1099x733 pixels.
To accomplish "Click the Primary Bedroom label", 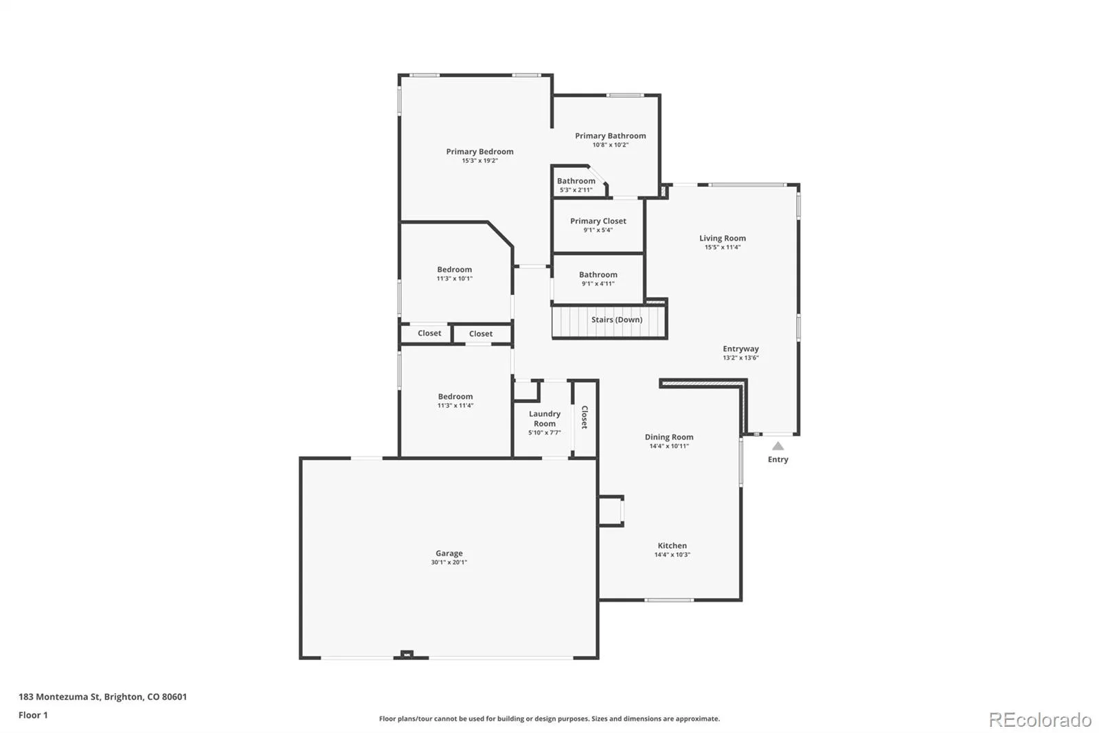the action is click(479, 151).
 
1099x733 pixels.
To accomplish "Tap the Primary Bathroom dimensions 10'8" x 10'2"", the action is click(611, 145).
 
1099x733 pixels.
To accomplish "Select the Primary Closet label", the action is click(598, 221).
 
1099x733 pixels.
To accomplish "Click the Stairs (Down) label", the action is click(617, 319).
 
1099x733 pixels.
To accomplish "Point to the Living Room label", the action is click(722, 239).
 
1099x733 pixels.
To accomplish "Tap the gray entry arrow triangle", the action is click(778, 446).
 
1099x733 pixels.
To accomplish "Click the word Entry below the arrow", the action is click(778, 459).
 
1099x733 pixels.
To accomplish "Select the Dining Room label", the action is click(669, 437).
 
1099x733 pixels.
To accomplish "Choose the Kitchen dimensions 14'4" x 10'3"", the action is click(672, 555).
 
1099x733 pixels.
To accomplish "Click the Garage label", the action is click(449, 554).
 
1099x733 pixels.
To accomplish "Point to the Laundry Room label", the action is click(545, 419).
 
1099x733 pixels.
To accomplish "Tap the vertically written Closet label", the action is click(585, 417).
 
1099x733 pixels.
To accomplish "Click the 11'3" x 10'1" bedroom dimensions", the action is click(454, 278).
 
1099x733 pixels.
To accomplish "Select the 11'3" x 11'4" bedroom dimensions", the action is click(455, 405).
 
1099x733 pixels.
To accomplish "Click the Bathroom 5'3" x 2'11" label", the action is click(576, 185).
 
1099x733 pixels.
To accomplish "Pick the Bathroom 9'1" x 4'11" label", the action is click(598, 278).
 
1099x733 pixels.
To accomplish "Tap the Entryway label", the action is click(740, 349).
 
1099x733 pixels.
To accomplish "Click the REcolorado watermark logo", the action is click(1040, 720).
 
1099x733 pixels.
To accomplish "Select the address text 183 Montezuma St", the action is click(59, 697).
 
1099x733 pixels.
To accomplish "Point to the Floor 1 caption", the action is click(33, 715).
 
